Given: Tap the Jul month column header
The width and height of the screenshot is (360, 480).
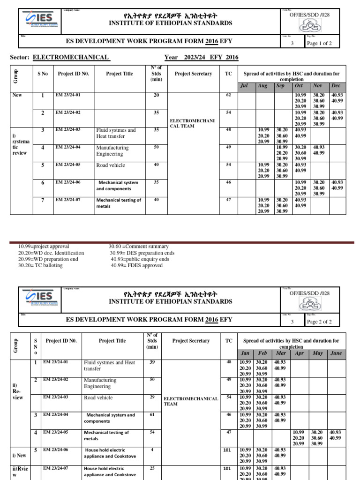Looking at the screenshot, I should click(243, 86).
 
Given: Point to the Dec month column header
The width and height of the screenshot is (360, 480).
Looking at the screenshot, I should click(336, 86).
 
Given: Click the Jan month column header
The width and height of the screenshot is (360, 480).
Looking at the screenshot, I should click(245, 353).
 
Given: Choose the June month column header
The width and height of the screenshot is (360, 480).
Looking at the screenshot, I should click(336, 353).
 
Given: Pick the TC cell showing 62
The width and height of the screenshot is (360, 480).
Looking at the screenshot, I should click(228, 95).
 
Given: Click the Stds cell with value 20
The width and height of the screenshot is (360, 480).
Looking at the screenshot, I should click(157, 95).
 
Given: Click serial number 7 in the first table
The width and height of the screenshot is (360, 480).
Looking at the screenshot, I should click(43, 201).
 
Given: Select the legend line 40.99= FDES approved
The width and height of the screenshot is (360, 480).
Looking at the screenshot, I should click(136, 265).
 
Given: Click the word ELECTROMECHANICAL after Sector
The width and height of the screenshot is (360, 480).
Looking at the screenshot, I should click(71, 58).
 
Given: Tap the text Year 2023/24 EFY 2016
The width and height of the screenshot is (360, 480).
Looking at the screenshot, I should click(201, 58).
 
